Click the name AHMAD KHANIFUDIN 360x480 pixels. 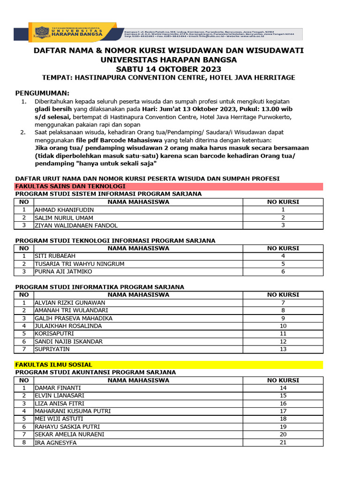coord(64,210)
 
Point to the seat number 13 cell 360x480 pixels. coord(283,349)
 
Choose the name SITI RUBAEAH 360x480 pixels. coord(55,256)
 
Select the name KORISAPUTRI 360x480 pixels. coord(54,334)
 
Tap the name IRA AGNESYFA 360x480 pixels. coord(55,442)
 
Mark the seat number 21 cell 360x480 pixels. coord(283,442)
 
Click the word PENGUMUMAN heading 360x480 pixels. coord(42,93)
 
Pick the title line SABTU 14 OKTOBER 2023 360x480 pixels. coord(169,69)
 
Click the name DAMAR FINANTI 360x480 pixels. coord(58,388)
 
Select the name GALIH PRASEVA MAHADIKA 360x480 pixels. coord(74,318)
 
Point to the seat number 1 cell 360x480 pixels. coord(283,210)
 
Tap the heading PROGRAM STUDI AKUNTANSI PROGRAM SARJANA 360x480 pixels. coord(96,372)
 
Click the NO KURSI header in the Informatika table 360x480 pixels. coord(283,295)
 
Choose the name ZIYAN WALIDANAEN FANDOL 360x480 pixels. coord(76,225)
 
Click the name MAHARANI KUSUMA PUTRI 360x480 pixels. coord(73,411)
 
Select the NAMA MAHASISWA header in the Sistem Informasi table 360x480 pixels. coord(138,202)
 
